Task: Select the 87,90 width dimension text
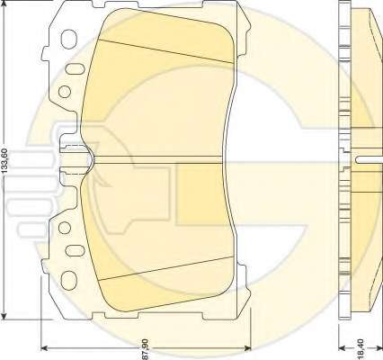[145, 349]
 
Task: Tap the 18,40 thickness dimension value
[361, 348]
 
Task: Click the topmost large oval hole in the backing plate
[69, 39]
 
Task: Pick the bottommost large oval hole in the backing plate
[69, 281]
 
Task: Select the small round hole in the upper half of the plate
[65, 92]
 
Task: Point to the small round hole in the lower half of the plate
[65, 228]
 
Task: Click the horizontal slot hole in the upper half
[76, 68]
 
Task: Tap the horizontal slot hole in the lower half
[76, 251]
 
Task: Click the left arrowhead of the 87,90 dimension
[44, 348]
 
